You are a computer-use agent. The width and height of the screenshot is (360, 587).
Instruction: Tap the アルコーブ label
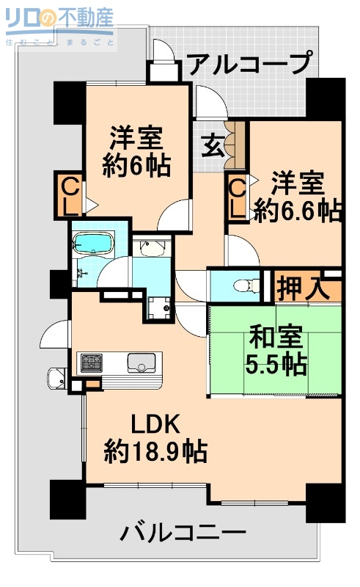[249, 65]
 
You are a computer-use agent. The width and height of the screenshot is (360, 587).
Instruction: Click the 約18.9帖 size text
[155, 449]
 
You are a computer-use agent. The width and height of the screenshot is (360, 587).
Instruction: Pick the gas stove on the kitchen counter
[92, 362]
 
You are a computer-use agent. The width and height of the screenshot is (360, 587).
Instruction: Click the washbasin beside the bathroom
[153, 251]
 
